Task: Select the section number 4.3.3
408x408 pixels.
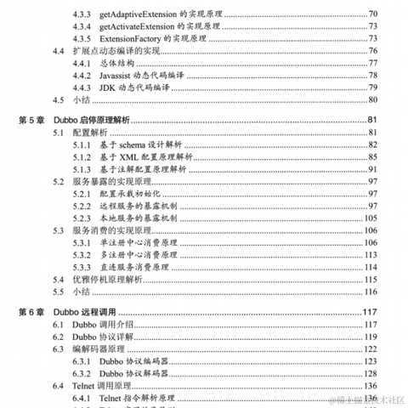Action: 82,14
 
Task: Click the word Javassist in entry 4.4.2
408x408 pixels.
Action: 120,76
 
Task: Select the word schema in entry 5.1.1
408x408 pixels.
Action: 134,146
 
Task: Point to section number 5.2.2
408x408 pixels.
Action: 82,207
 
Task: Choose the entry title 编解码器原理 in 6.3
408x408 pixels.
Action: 97,349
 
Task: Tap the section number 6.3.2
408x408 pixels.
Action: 82,373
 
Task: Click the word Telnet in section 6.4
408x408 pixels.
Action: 87,386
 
